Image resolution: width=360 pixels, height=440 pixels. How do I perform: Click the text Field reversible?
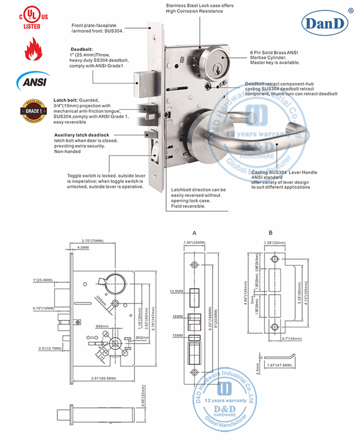[x=189, y=206]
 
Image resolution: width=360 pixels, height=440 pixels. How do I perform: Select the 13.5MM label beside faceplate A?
[x=176, y=291]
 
